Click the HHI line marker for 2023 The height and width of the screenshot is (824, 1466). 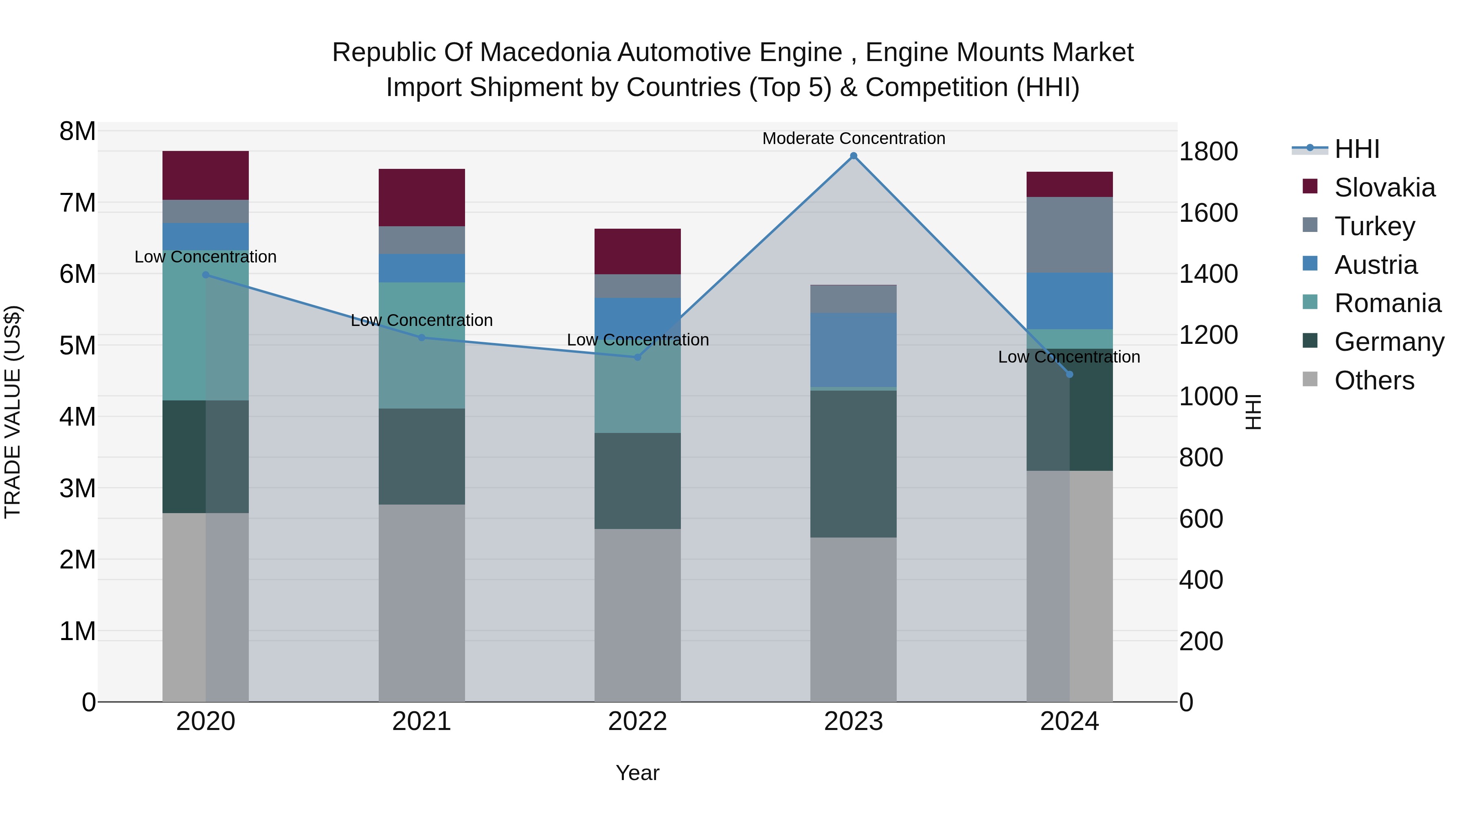(853, 156)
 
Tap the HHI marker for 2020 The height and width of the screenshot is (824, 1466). (206, 275)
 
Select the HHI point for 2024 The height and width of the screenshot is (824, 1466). (1069, 374)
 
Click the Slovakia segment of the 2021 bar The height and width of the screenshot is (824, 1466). (422, 197)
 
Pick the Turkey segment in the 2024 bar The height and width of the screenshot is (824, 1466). (1069, 234)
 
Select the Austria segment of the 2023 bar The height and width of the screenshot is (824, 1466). (853, 350)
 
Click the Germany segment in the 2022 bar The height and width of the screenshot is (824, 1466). (637, 481)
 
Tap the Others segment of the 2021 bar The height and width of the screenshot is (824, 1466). (422, 603)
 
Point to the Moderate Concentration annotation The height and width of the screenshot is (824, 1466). (853, 138)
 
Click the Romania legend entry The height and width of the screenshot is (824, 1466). (1387, 303)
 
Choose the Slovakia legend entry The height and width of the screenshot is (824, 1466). (1384, 188)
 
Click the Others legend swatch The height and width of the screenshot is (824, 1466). (1310, 379)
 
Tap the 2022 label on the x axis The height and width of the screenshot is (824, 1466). (637, 721)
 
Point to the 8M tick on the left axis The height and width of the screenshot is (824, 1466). (78, 131)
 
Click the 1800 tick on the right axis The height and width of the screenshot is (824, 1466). (1208, 152)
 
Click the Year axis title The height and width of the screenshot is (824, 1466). (637, 773)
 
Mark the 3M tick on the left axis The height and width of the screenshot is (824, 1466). (78, 488)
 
